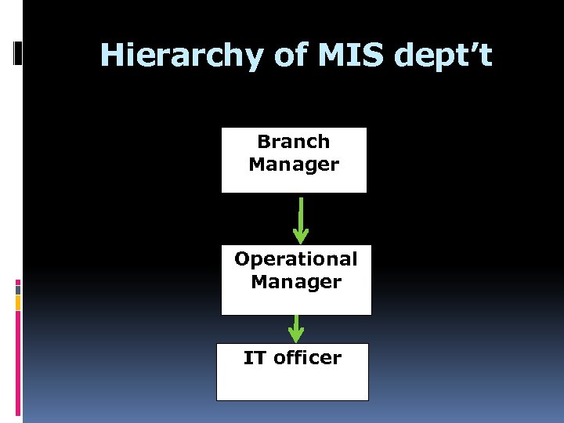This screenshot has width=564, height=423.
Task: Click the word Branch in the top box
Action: click(294, 142)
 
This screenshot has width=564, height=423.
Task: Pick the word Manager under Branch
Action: click(294, 164)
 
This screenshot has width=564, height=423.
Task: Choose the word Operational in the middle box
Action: click(296, 258)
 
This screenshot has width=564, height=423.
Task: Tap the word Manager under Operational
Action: click(296, 281)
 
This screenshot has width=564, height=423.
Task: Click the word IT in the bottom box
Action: click(255, 358)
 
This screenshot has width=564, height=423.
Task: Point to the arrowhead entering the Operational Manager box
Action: click(301, 236)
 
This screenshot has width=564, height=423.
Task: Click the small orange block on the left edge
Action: click(18, 302)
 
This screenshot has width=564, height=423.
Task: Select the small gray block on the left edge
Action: click(18, 289)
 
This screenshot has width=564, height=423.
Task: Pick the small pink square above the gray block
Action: click(18, 281)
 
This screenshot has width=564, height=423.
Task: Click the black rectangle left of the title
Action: click(20, 54)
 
